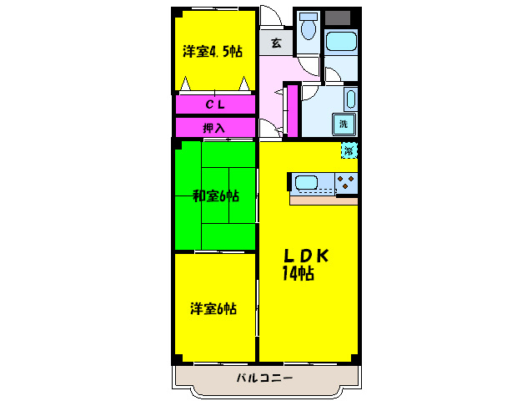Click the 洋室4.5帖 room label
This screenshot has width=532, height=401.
pyautogui.click(x=213, y=52)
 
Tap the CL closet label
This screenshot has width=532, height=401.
pyautogui.click(x=213, y=105)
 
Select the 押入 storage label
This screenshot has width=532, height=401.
pyautogui.click(x=213, y=128)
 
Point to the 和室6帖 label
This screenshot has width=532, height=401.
pyautogui.click(x=216, y=196)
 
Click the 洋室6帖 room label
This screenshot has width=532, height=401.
pyautogui.click(x=213, y=308)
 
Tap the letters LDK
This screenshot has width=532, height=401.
pyautogui.click(x=304, y=256)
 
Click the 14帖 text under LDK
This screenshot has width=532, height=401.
pyautogui.click(x=298, y=273)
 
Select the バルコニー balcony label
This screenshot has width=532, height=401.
pyautogui.click(x=264, y=378)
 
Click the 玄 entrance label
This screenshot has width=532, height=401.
pyautogui.click(x=275, y=43)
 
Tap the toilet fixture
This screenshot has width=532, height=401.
pyautogui.click(x=308, y=28)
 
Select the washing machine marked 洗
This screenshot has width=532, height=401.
pyautogui.click(x=343, y=124)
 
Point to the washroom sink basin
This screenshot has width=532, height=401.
pyautogui.click(x=350, y=100)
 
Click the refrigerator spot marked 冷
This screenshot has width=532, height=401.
pyautogui.click(x=349, y=150)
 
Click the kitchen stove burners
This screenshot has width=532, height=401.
pyautogui.click(x=347, y=183)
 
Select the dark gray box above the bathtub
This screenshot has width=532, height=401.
pyautogui.click(x=339, y=18)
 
